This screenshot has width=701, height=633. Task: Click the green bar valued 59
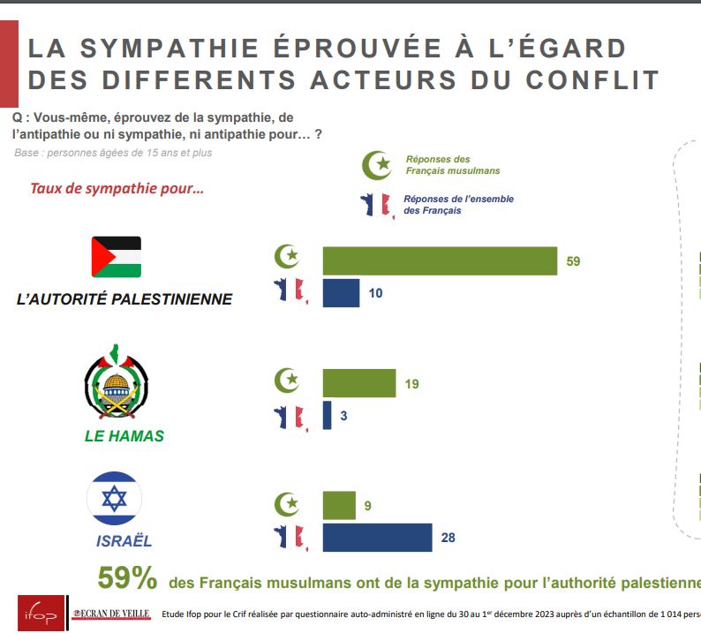440,261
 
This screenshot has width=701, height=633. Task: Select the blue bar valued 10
341,293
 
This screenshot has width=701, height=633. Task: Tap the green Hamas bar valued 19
358,383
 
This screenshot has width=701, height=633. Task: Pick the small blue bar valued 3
327,415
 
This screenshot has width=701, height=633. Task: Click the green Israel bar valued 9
339,506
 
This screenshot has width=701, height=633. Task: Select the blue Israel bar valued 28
377,537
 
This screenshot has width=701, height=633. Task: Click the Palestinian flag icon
117,257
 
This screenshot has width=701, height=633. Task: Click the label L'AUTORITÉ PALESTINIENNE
124,299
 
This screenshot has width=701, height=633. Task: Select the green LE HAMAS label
124,436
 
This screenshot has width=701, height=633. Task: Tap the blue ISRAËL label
124,540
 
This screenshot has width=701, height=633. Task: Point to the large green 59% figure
127,579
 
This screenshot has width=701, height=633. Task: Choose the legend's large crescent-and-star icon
379,163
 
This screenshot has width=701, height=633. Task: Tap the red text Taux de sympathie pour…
117,188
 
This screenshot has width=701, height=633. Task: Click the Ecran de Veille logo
111,613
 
